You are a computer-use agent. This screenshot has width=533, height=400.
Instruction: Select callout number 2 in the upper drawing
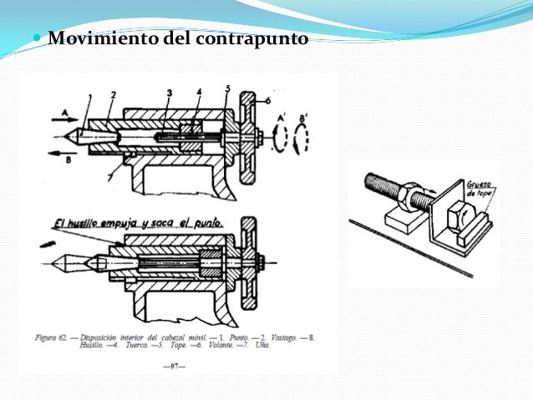pos(113,94)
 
